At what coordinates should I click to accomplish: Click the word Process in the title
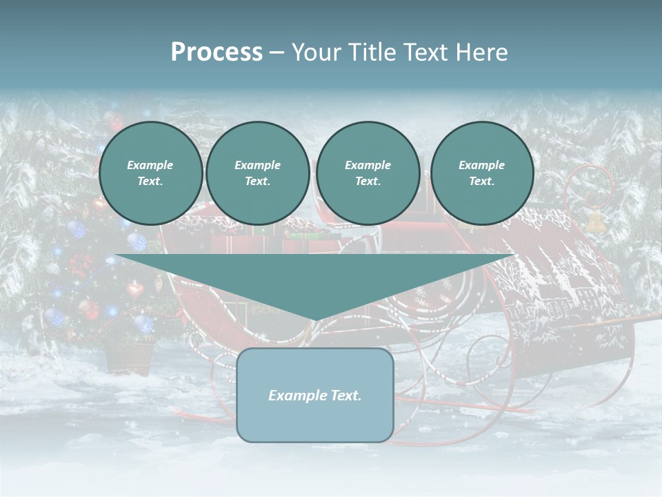[217, 52]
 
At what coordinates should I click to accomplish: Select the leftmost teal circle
[150, 173]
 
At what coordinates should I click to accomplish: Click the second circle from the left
[257, 173]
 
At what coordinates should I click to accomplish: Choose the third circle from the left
[368, 173]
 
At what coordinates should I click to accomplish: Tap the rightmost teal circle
[481, 173]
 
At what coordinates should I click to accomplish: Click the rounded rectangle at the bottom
[314, 395]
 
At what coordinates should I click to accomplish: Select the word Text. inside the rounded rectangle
[344, 396]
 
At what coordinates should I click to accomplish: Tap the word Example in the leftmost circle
[150, 166]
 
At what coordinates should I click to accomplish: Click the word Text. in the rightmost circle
[481, 182]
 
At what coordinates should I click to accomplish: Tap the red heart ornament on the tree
[134, 289]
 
